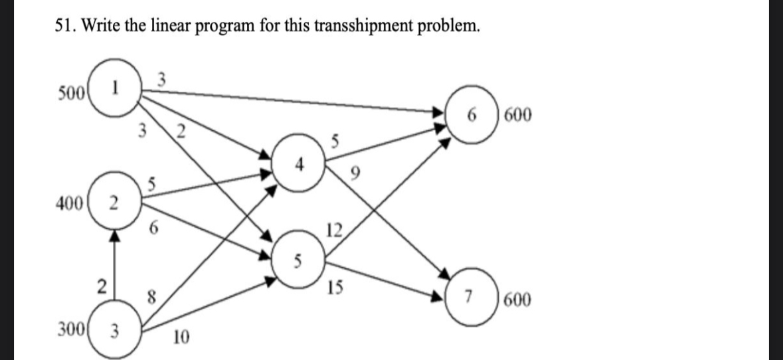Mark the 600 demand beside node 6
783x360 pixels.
coord(517,116)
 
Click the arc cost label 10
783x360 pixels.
coord(180,340)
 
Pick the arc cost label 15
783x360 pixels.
coord(335,288)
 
